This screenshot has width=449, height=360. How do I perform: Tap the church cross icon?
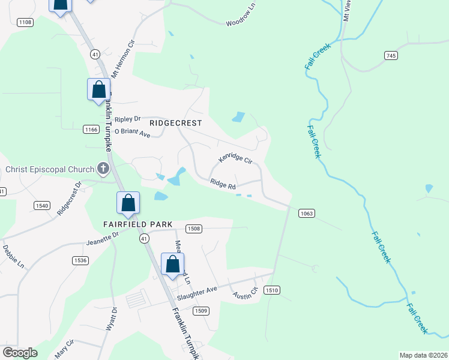click(103, 169)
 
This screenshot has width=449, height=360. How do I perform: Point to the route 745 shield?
click(391, 55)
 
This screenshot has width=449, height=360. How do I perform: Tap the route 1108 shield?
click(25, 22)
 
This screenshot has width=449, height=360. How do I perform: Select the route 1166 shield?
click(91, 130)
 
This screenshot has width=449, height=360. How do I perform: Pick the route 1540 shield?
click(41, 206)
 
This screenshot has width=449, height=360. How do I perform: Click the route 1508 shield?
click(193, 229)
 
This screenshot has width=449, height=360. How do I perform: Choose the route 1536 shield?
click(80, 260)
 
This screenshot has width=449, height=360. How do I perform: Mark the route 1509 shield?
click(201, 310)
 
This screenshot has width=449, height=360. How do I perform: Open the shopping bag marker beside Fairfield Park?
click(128, 203)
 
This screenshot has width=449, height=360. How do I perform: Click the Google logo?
click(20, 353)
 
